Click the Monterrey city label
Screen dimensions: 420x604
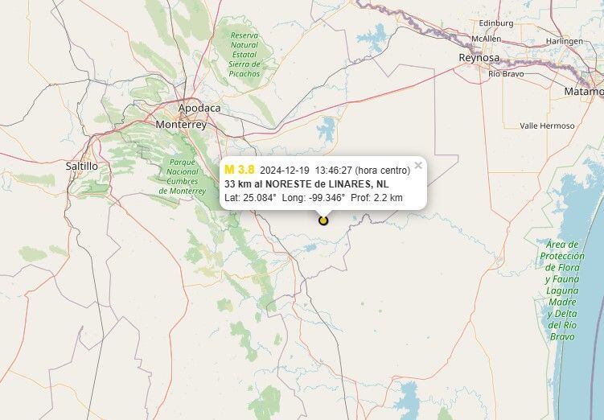coord(181,125)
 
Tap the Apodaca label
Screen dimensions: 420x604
coord(199,108)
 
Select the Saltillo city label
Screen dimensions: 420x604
coord(81,166)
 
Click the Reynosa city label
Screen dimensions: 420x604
coord(479,57)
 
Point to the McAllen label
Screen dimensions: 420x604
coord(487,38)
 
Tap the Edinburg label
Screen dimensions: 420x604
coord(495,23)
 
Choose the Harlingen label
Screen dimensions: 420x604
coord(564,41)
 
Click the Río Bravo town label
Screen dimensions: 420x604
coord(506,74)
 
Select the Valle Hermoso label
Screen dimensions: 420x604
coord(547,126)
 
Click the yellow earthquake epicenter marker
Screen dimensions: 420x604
coord(323,220)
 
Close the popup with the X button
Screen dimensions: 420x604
coord(418,166)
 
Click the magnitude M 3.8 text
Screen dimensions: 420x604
coord(240,170)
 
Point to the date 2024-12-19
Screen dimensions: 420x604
coord(285,171)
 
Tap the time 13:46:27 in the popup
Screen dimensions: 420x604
coord(333,171)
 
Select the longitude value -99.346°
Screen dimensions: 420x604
coord(327,197)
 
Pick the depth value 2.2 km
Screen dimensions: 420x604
coord(388,197)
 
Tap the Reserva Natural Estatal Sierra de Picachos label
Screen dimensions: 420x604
coord(244,54)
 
